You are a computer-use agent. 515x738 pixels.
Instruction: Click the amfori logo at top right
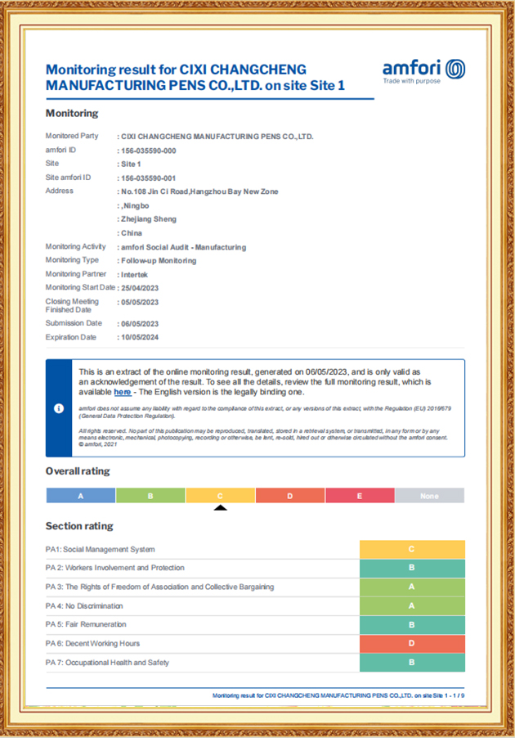423,71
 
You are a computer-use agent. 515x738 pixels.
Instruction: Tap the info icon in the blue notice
59,407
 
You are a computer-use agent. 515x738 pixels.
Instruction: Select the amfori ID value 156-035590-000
148,151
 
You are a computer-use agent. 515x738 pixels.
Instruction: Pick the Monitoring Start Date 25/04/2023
139,288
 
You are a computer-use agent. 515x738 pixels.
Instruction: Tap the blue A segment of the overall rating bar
81,496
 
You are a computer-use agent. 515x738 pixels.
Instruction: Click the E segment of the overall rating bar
360,496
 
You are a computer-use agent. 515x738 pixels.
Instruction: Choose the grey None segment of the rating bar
429,496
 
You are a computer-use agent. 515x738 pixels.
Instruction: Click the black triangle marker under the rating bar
220,507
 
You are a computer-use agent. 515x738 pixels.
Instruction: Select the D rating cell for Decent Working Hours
412,644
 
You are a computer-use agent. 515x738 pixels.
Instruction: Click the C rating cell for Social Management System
412,549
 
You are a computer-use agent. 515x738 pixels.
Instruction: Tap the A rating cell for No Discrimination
412,606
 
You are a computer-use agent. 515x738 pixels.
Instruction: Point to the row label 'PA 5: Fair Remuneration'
84,625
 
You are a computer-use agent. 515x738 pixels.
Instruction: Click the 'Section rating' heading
79,526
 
